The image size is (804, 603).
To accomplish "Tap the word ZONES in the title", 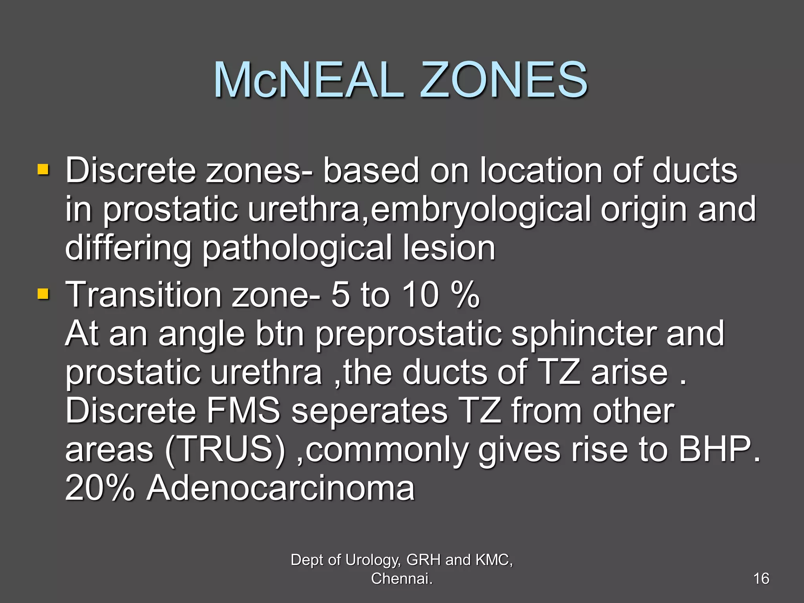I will (504, 80).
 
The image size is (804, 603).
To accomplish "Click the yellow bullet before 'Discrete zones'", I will (43, 170).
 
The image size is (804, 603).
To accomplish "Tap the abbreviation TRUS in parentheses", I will (225, 450).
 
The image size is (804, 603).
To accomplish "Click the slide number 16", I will (761, 579).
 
